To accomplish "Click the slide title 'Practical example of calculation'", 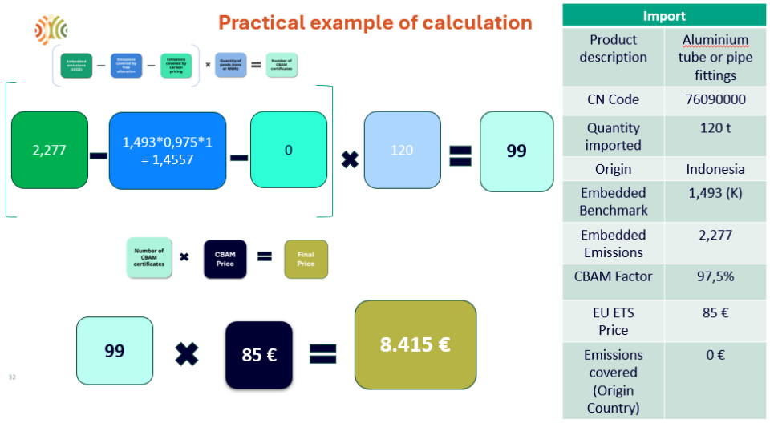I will click(375, 22).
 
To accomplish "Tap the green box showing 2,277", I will click(49, 150).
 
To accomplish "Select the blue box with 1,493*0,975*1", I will click(168, 151).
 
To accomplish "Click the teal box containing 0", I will click(289, 150).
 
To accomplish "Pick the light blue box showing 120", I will click(402, 150).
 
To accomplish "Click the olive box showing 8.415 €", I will click(415, 344).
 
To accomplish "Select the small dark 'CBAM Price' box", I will click(225, 259).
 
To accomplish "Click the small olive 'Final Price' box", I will click(306, 259).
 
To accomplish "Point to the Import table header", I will click(664, 16).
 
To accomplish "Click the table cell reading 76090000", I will click(715, 99).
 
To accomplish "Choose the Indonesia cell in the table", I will click(715, 169).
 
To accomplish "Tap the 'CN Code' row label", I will click(613, 99).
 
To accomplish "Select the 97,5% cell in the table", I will click(715, 276).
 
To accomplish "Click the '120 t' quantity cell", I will click(715, 128).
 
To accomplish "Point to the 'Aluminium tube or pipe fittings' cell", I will click(715, 57).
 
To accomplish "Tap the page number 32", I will click(12, 377).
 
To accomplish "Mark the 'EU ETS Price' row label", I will click(613, 321).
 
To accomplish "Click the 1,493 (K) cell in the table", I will click(715, 193).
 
